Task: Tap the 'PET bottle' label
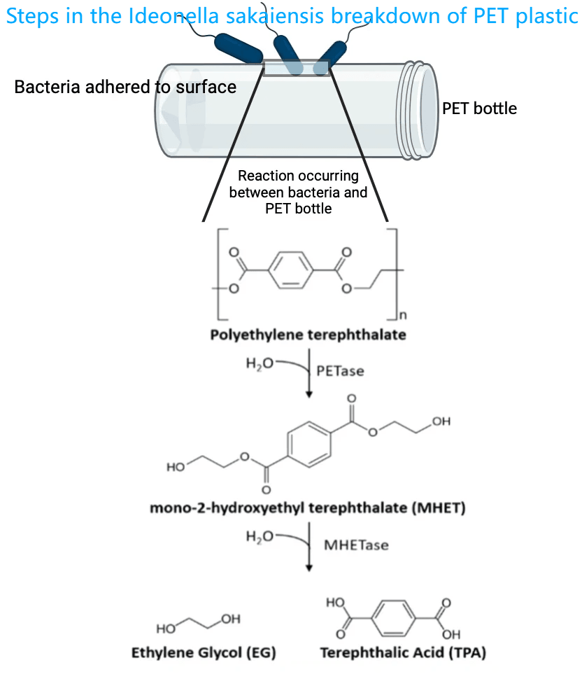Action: (479, 108)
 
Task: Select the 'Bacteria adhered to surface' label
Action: (125, 87)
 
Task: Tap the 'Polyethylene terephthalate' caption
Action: (308, 335)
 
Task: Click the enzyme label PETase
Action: (341, 371)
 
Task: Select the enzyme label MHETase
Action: (355, 544)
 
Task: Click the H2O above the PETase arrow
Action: (261, 363)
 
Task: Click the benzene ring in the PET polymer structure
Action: (291, 268)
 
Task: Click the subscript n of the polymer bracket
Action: (403, 316)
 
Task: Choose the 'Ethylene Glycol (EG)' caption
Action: (204, 653)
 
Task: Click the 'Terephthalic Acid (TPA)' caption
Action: (403, 653)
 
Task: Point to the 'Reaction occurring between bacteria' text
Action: (298, 183)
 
